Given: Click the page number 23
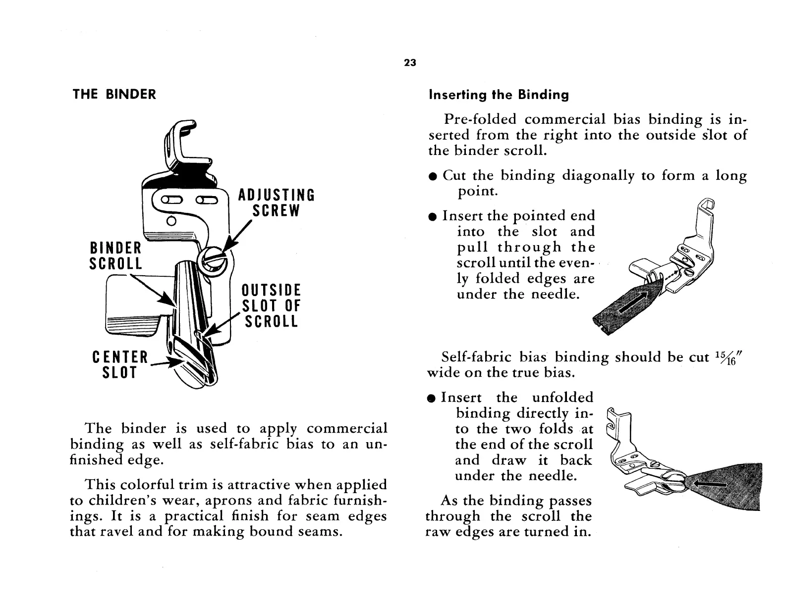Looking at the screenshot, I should pos(409,63).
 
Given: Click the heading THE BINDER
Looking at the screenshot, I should pos(114,94).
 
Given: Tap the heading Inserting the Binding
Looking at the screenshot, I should pos(499,95).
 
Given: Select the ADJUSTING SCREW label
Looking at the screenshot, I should pos(276,202).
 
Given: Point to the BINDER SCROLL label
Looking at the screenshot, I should pos(115,255).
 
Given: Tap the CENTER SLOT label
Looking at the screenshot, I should pos(120,364).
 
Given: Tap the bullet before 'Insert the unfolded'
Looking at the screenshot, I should pos(432,399).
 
